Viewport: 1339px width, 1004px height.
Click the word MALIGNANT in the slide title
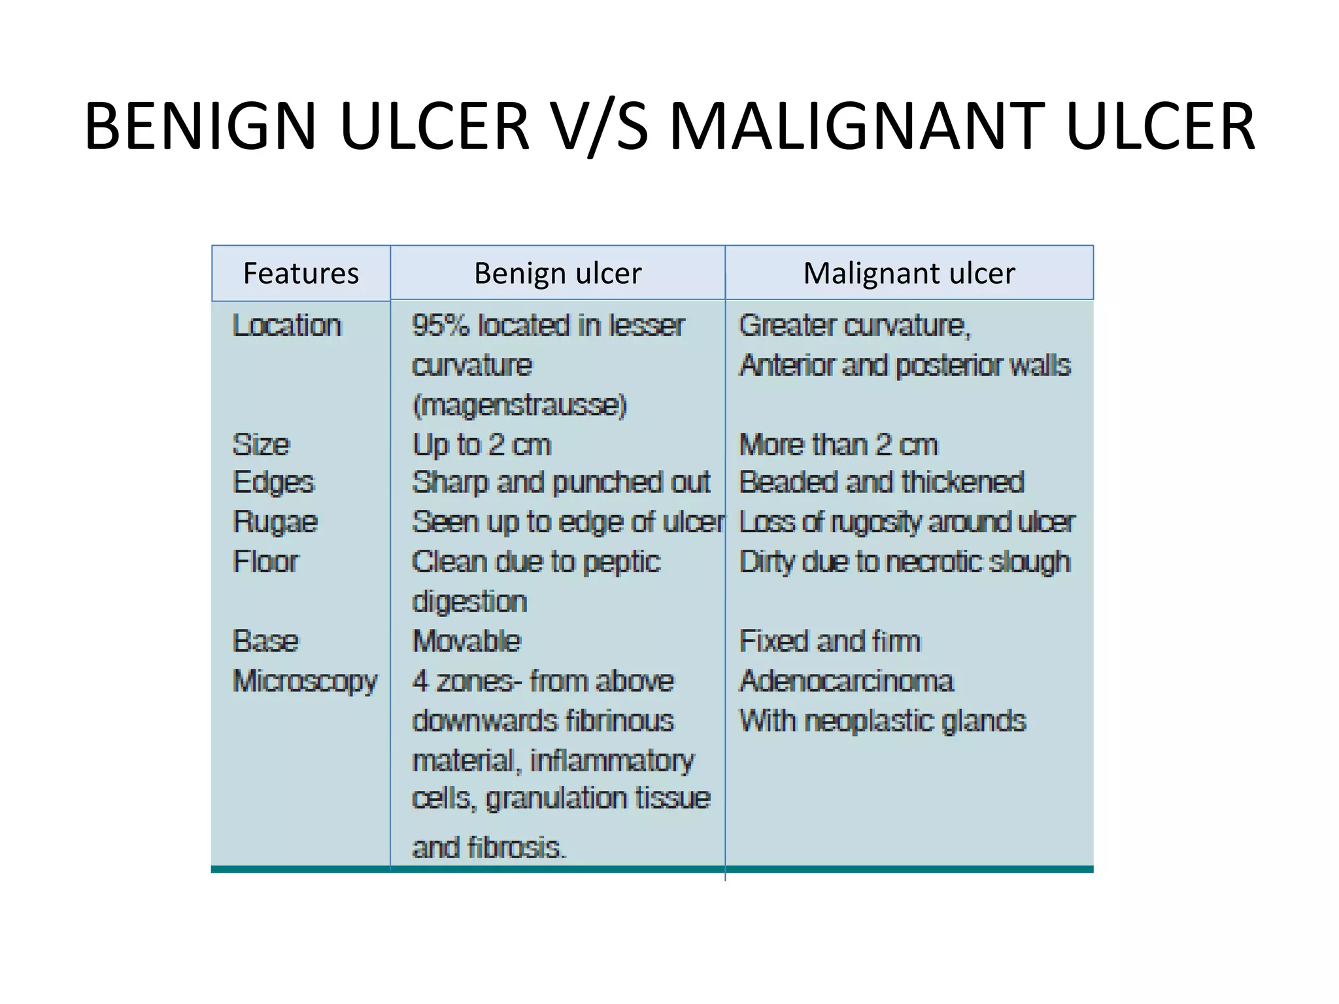tap(856, 125)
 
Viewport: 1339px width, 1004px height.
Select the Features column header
tap(301, 273)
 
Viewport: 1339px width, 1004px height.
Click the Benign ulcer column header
tap(558, 273)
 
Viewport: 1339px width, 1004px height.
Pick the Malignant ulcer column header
tap(909, 273)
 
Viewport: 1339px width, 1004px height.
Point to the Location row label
tap(287, 326)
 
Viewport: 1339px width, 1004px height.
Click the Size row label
tap(261, 444)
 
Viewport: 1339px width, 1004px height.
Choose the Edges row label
tap(273, 483)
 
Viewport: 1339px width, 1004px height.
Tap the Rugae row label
tap(275, 522)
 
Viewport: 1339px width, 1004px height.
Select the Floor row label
tap(265, 561)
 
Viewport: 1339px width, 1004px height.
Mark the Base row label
tap(265, 641)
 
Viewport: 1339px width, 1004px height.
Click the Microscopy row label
tap(305, 681)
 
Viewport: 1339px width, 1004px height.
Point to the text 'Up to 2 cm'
tap(482, 445)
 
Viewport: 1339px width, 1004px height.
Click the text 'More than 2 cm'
tap(838, 445)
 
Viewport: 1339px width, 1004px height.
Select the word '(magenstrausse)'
tap(520, 405)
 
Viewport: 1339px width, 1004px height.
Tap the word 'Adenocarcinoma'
tap(847, 681)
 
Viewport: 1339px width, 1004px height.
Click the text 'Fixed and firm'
tap(830, 641)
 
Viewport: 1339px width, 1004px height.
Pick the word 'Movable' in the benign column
tap(467, 641)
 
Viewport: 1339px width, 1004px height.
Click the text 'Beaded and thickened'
tap(881, 482)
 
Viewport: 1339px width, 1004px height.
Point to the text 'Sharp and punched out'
tap(561, 482)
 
